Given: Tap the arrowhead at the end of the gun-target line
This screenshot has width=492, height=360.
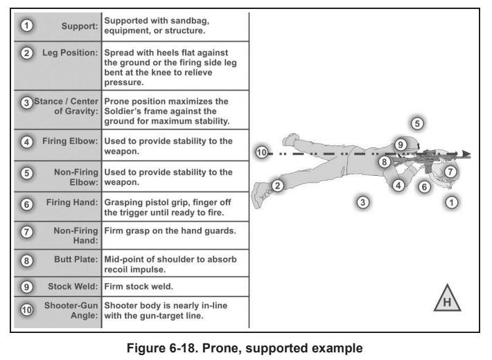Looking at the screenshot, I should pos(467,154).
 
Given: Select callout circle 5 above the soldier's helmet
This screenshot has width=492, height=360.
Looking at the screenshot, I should pos(417,124).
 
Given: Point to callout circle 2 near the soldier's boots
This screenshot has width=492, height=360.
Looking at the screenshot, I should pos(277,186).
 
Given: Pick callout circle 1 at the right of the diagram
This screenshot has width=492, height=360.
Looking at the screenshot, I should pos(451,202).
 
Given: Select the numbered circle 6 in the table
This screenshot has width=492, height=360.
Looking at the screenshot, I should pos(26,205).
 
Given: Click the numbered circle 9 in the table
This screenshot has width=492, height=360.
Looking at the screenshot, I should pos(26,285).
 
